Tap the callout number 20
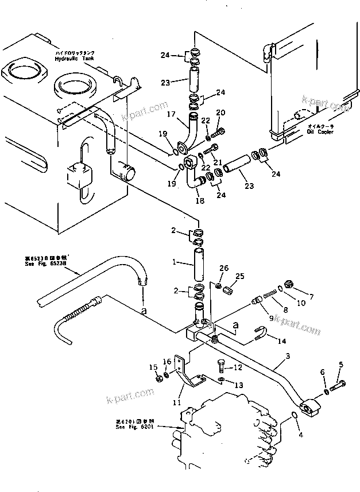pos(221,113)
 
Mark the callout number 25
pos(240,277)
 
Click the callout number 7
pos(312,297)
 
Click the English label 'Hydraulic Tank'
pos(73,59)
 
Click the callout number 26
pos(224,268)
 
